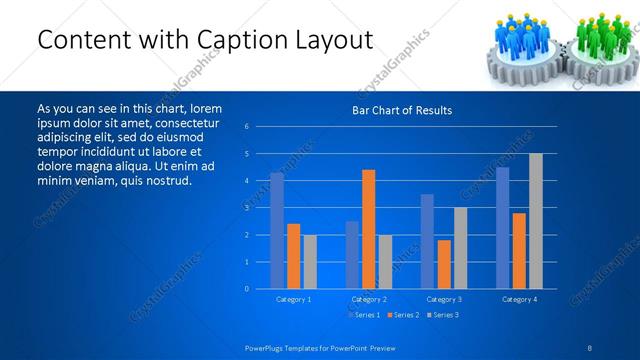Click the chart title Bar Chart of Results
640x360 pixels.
(401, 110)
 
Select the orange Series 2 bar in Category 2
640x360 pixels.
(368, 229)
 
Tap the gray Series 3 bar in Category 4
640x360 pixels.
(535, 221)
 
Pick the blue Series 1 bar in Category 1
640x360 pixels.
(277, 230)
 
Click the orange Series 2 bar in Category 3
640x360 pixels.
(443, 264)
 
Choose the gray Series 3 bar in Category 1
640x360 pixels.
(310, 261)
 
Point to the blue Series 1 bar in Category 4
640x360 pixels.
(502, 227)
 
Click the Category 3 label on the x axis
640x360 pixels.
(443, 299)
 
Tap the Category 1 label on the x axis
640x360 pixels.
(293, 299)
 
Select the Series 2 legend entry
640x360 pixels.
(403, 315)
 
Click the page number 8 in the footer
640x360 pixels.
(589, 346)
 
